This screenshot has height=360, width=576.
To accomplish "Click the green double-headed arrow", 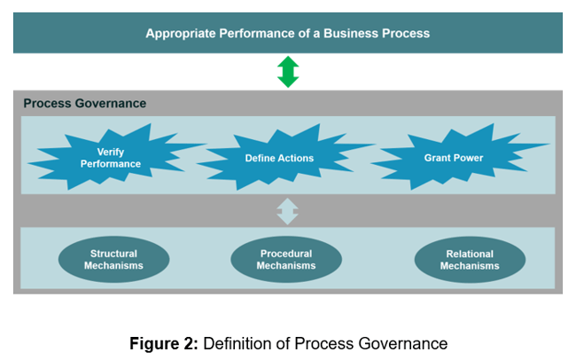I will click(288, 71).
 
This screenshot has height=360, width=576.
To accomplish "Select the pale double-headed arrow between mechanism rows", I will click(288, 211).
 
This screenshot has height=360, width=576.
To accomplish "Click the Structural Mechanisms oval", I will click(113, 259).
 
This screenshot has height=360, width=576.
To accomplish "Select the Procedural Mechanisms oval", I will click(286, 259).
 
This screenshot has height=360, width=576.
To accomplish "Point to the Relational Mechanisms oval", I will click(469, 259).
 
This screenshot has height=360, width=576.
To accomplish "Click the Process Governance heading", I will click(85, 104).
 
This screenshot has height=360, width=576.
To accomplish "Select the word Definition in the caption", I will click(234, 343).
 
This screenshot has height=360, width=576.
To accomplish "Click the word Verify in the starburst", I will click(111, 152).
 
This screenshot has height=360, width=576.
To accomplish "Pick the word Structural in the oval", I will click(113, 254).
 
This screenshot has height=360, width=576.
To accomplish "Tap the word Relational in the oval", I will click(469, 254).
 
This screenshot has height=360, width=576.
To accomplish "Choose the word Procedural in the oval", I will click(286, 254).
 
